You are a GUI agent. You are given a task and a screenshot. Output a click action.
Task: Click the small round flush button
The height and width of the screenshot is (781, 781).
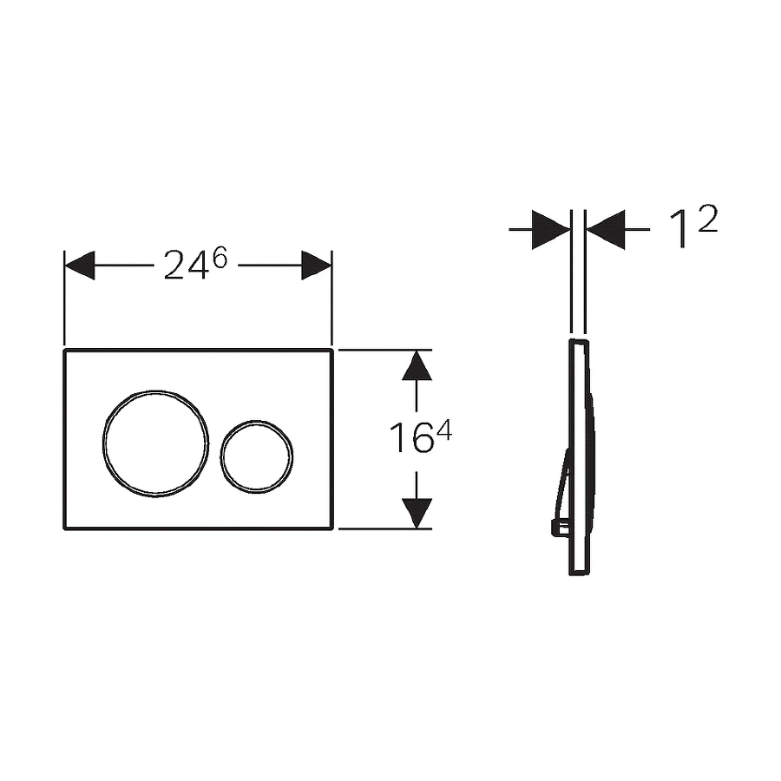[221, 457]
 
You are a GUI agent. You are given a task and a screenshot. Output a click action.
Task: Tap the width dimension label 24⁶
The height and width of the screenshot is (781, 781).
[195, 265]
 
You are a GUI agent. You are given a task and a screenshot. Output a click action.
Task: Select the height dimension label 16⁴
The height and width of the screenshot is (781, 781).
[420, 436]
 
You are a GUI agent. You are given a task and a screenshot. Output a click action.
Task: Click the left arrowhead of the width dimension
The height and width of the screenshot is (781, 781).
[80, 266]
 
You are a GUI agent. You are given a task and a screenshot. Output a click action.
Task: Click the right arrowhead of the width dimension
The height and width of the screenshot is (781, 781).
[316, 266]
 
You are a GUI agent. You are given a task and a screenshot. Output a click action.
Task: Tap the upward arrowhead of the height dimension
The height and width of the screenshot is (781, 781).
[417, 365]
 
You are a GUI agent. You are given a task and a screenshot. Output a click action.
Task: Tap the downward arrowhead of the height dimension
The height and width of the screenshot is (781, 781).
[417, 513]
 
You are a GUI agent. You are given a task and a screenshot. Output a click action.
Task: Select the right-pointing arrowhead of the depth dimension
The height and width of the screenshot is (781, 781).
[551, 230]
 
